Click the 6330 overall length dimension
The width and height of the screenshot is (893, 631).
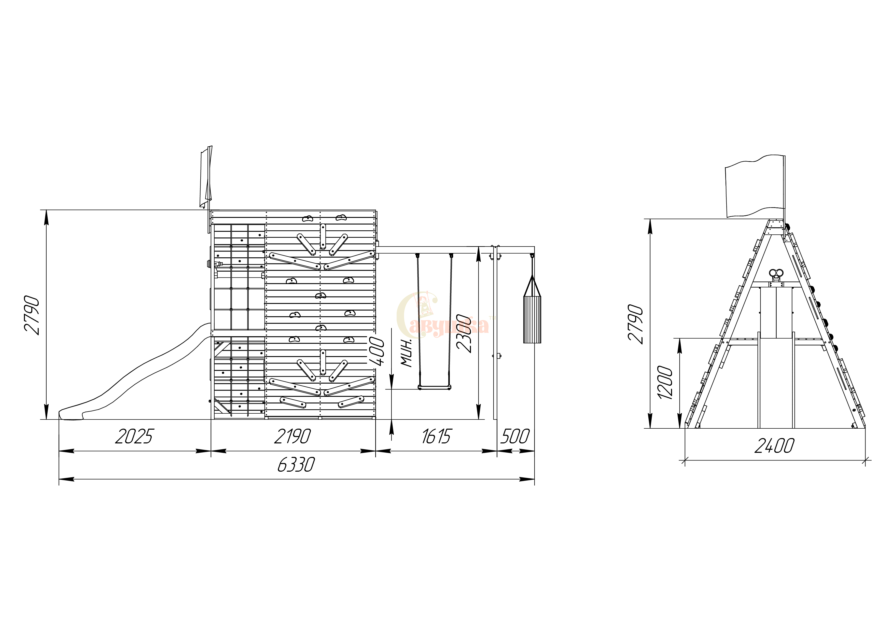[296, 465]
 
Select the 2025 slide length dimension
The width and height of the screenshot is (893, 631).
[135, 436]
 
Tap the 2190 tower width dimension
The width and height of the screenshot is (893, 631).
[292, 436]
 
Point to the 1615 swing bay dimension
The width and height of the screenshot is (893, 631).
[436, 436]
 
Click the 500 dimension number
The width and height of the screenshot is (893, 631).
[515, 436]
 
